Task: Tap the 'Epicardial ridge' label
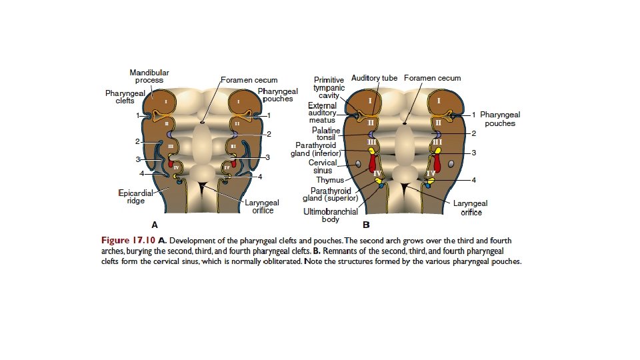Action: pos(136,197)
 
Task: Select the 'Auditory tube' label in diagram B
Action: pos(374,78)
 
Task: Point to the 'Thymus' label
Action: pos(329,180)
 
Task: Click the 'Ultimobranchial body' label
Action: pos(331,215)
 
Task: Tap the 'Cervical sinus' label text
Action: pos(323,167)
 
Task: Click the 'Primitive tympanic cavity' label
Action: pos(329,87)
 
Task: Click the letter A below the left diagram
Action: pos(155,225)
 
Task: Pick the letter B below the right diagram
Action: pos(366,225)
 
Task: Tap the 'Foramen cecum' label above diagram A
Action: pos(250,80)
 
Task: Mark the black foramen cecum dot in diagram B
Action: pos(406,123)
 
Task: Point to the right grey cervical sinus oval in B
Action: pos(451,163)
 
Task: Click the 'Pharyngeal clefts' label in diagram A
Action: pos(125,97)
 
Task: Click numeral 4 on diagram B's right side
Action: pos(473,180)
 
